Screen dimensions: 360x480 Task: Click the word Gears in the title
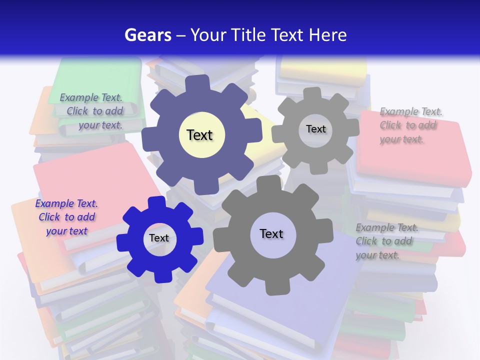coord(146,35)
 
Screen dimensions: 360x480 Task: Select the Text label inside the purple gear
coord(199,135)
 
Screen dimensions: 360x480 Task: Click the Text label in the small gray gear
coord(315,129)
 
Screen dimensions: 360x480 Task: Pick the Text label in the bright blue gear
coord(159,238)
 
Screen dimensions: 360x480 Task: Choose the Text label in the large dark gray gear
coord(271,233)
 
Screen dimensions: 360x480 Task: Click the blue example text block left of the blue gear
coord(66,217)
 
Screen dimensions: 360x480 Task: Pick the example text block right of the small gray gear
coord(407,125)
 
